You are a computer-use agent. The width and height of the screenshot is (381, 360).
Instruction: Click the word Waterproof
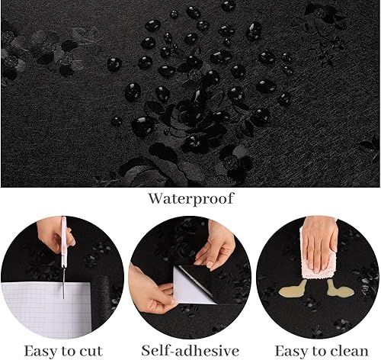[x=190, y=199]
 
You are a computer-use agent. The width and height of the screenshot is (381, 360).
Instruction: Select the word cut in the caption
[x=91, y=352]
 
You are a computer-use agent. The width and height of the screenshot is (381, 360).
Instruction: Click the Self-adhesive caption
[x=190, y=351]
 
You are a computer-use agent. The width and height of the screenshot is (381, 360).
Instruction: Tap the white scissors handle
[x=63, y=242]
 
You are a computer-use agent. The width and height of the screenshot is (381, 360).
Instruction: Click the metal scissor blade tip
[x=63, y=298]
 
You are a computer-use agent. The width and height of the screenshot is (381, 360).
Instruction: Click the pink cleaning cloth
[x=319, y=265]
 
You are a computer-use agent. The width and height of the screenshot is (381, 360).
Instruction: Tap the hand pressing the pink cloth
[x=319, y=244]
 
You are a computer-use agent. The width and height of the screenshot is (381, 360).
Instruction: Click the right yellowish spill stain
[x=339, y=289]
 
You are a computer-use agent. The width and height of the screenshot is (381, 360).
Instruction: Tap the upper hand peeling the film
[x=216, y=246]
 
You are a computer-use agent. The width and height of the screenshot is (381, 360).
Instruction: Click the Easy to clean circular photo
[x=318, y=278]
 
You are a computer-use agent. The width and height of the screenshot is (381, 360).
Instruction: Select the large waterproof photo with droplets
[x=190, y=94]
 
